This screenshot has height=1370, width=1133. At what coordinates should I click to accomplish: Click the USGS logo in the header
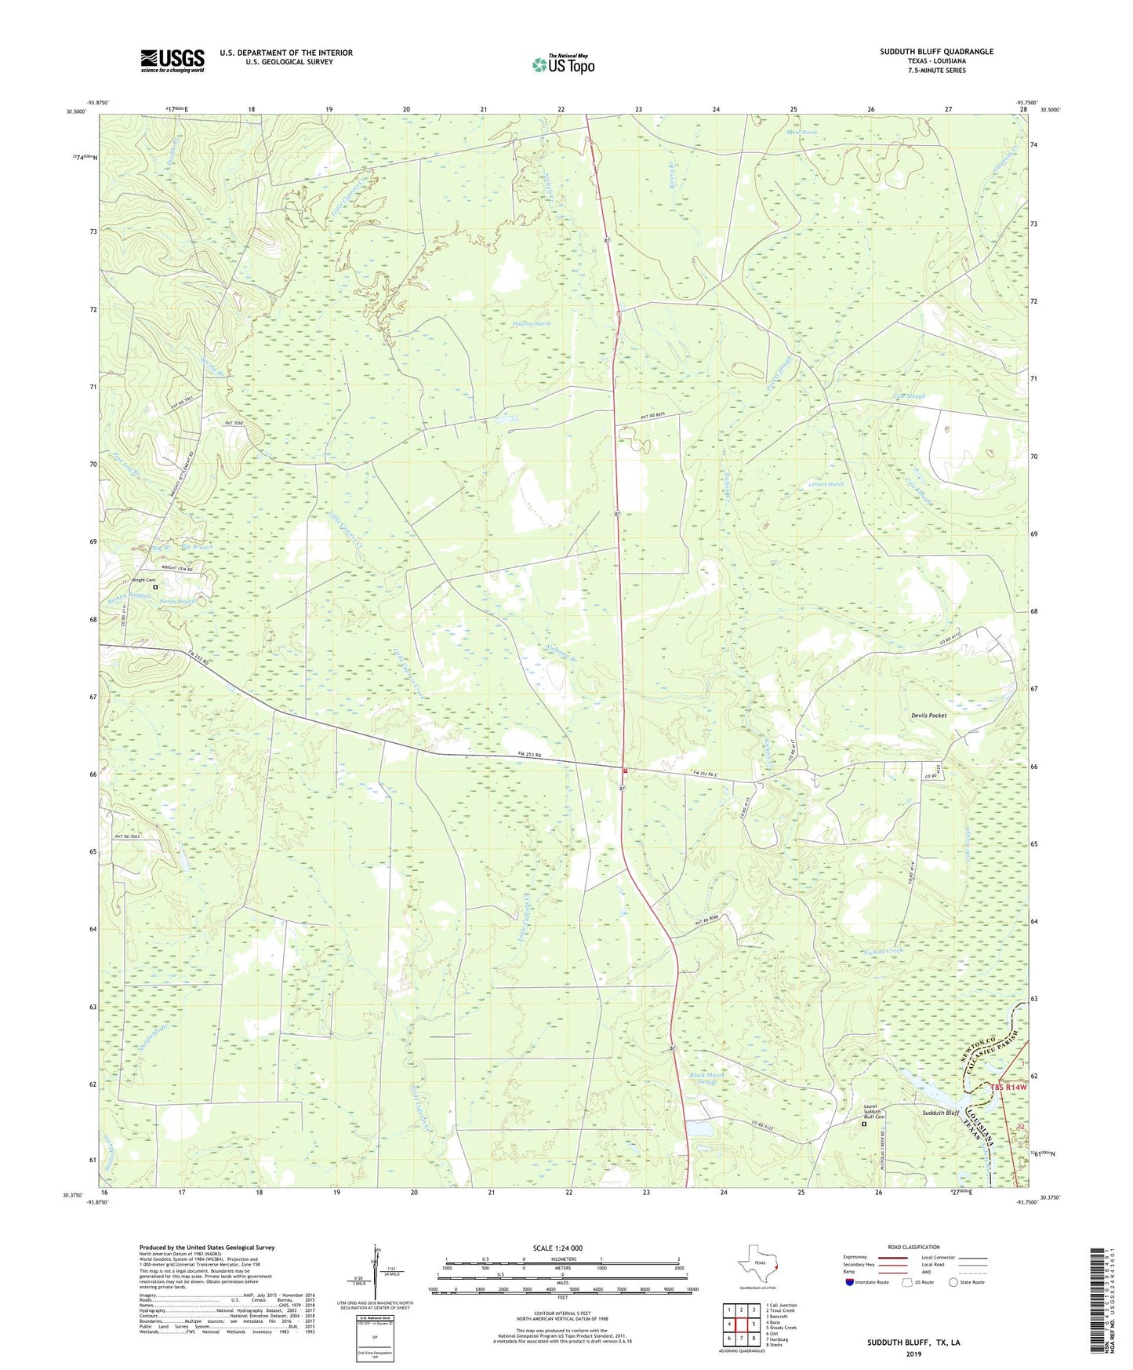pyautogui.click(x=172, y=60)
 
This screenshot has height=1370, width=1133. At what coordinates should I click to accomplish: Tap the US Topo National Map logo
pyautogui.click(x=562, y=64)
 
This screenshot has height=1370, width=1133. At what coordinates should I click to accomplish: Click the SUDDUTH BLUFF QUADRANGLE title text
pyautogui.click(x=936, y=52)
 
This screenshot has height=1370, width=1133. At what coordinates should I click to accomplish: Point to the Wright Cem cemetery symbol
pyautogui.click(x=155, y=587)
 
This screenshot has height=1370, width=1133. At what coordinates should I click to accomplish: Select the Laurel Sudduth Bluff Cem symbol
pyautogui.click(x=865, y=1124)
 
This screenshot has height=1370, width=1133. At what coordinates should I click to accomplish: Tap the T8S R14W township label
pyautogui.click(x=1008, y=1088)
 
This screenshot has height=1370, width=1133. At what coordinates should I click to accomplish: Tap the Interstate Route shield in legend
pyautogui.click(x=851, y=1282)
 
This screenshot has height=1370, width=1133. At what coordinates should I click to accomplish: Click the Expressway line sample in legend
pyautogui.click(x=894, y=1257)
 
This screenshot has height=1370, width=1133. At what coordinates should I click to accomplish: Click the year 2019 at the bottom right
pyautogui.click(x=913, y=1354)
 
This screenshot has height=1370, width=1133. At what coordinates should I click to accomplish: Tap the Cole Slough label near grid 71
pyautogui.click(x=909, y=396)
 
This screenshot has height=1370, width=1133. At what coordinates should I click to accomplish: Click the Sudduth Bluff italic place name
pyautogui.click(x=940, y=1113)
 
